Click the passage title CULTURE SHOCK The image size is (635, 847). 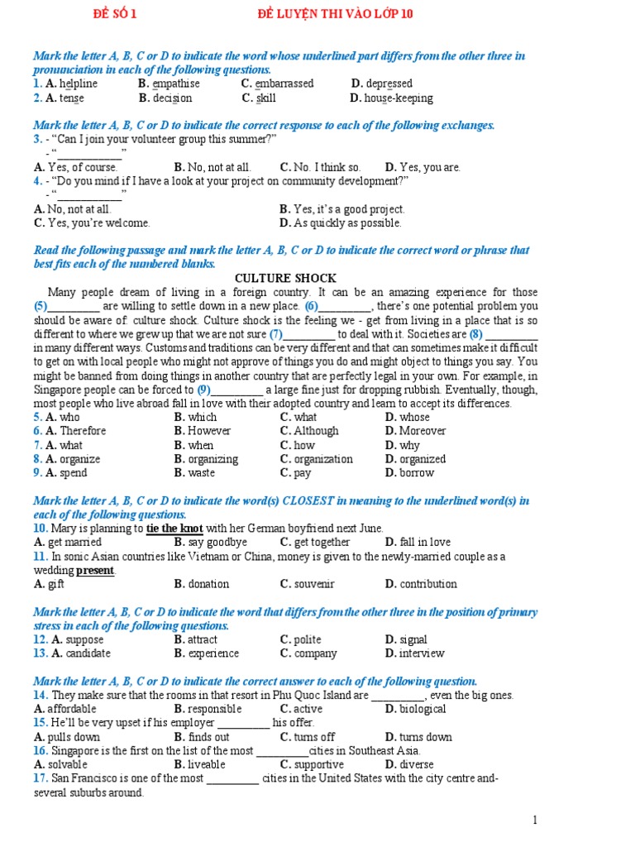[286, 278]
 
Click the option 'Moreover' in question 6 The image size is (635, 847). [423, 431]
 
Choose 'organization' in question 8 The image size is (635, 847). [322, 459]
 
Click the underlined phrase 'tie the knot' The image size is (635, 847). [174, 529]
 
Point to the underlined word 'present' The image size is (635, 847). [95, 571]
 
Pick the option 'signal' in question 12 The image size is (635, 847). [413, 639]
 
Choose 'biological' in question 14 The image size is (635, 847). [423, 709]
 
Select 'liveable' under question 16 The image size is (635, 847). [206, 765]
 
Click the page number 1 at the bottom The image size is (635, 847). [536, 821]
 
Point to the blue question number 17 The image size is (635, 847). [40, 779]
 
